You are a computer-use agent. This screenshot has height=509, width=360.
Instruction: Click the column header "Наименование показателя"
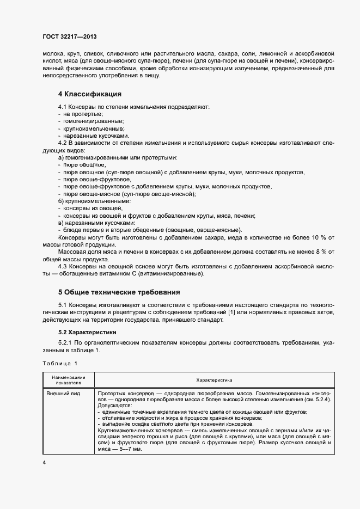[69, 379]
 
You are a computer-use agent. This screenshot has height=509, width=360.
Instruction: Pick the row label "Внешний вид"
[62, 393]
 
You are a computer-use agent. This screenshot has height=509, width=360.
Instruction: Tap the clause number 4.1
[62, 107]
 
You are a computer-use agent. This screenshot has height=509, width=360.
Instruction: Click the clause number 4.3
[62, 266]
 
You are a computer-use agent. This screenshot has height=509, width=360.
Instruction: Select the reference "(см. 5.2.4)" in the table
[316, 400]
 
